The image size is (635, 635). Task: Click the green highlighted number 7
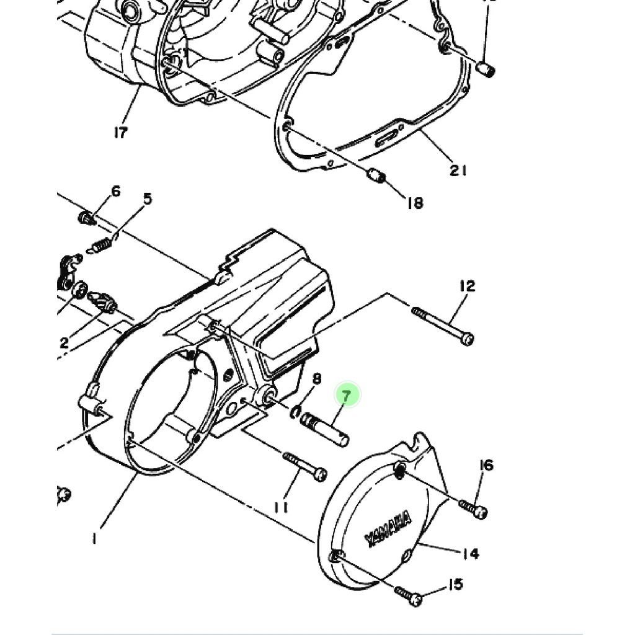(x=347, y=395)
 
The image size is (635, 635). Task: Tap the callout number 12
(x=467, y=286)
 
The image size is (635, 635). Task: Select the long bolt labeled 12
(x=442, y=324)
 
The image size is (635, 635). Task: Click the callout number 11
(x=281, y=508)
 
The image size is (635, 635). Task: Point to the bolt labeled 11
(x=305, y=466)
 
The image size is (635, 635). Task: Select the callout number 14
(x=471, y=553)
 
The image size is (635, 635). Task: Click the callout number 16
(x=486, y=465)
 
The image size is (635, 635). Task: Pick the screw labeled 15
(x=409, y=596)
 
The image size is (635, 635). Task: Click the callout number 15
(x=455, y=584)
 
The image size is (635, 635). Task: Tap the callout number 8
(x=316, y=379)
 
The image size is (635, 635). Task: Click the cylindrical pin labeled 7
(x=324, y=429)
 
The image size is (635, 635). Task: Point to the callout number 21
(x=458, y=170)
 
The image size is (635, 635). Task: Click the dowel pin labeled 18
(x=376, y=176)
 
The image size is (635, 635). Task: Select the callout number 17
(x=120, y=132)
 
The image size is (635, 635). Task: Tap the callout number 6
(x=116, y=192)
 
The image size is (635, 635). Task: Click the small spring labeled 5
(x=100, y=246)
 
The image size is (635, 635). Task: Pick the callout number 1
(x=94, y=540)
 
